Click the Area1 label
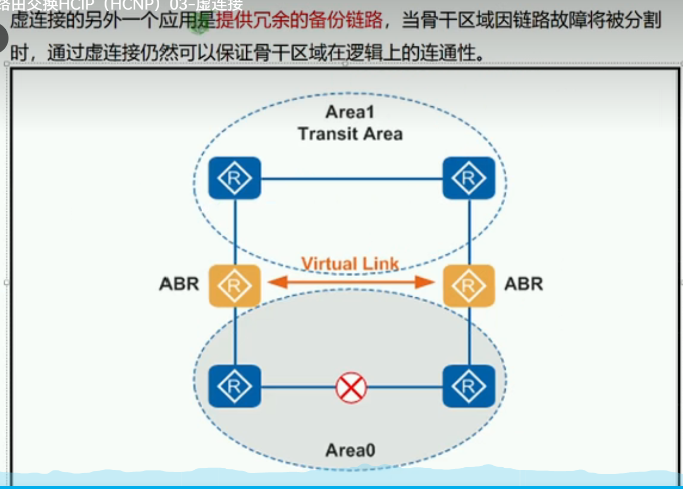[350, 112]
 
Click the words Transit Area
[350, 133]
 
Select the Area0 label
[350, 450]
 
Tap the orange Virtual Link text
[350, 264]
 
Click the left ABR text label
[179, 284]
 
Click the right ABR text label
[523, 284]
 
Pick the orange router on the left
[234, 285]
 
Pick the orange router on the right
[469, 285]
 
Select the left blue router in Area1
[234, 178]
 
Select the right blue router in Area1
[469, 178]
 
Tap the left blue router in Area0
[234, 386]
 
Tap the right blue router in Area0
[469, 386]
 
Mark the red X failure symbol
[351, 387]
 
